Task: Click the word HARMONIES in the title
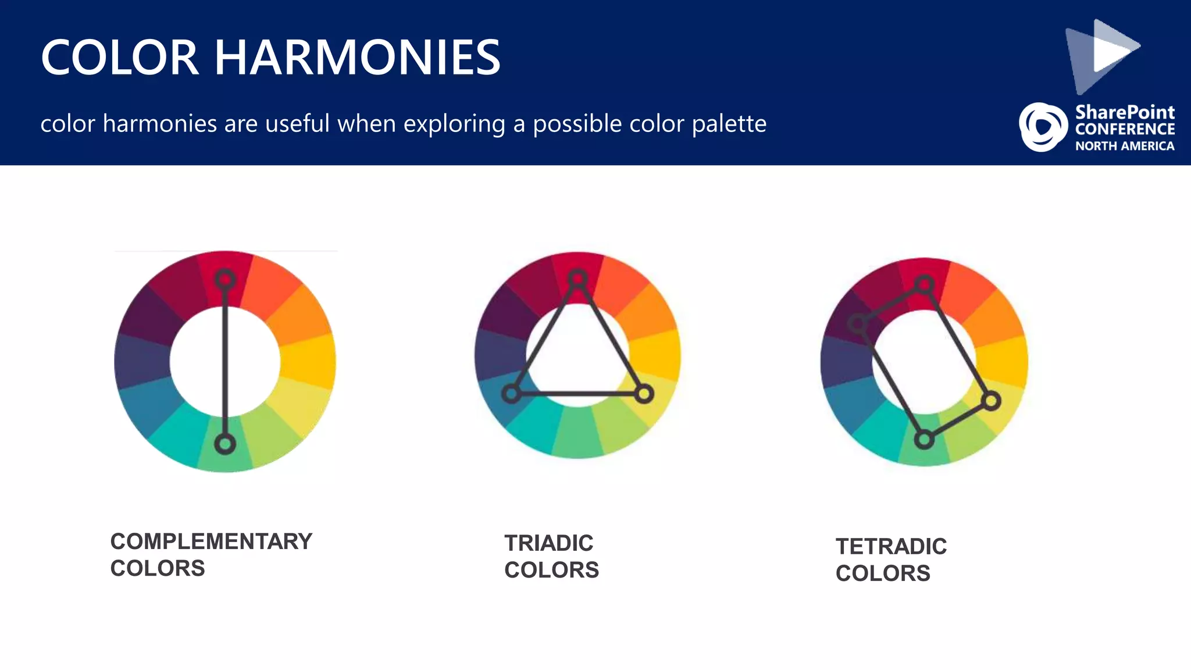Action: click(x=357, y=58)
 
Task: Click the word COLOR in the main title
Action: click(x=120, y=58)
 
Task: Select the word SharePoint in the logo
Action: click(x=1125, y=112)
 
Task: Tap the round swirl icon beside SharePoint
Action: click(x=1043, y=127)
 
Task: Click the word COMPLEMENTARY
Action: click(x=211, y=541)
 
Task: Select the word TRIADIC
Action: click(x=548, y=543)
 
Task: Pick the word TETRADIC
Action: click(x=891, y=547)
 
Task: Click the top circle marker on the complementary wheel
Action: click(x=225, y=279)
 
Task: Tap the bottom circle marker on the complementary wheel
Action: click(x=225, y=444)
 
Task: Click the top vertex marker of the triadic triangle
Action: click(x=577, y=279)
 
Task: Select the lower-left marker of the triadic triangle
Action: click(x=511, y=394)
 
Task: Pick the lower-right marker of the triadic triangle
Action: click(x=644, y=394)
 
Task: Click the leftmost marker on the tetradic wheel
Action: click(x=857, y=323)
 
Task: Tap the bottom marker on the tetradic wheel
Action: click(x=923, y=440)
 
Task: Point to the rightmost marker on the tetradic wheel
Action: click(x=991, y=401)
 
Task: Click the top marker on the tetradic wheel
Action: click(x=924, y=285)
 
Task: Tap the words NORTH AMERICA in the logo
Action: click(x=1124, y=146)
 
